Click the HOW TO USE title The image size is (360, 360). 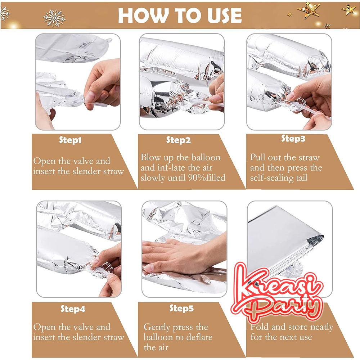click(180, 15)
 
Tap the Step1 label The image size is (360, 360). click(70, 140)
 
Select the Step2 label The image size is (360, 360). click(179, 140)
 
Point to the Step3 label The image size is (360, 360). click(293, 139)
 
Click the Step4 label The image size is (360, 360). click(73, 309)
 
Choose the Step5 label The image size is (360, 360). click(181, 308)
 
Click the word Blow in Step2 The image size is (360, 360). click(150, 157)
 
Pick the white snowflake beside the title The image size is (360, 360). click(54, 18)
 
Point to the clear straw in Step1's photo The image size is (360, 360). click(96, 104)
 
